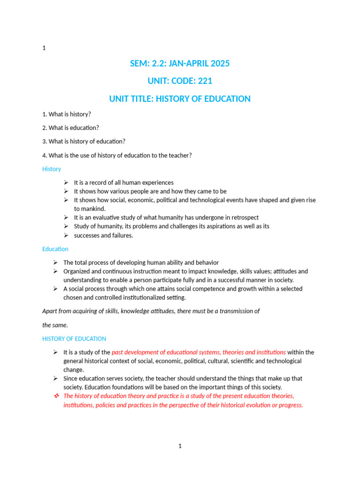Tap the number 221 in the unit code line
[205, 81]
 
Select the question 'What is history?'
[67, 114]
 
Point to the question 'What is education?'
[70, 128]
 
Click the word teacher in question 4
[176, 155]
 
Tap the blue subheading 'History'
[52, 169]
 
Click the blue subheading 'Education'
[55, 249]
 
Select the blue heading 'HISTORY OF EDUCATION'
[74, 338]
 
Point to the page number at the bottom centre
[180, 446]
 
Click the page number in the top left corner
[44, 48]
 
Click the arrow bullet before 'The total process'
[55, 262]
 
